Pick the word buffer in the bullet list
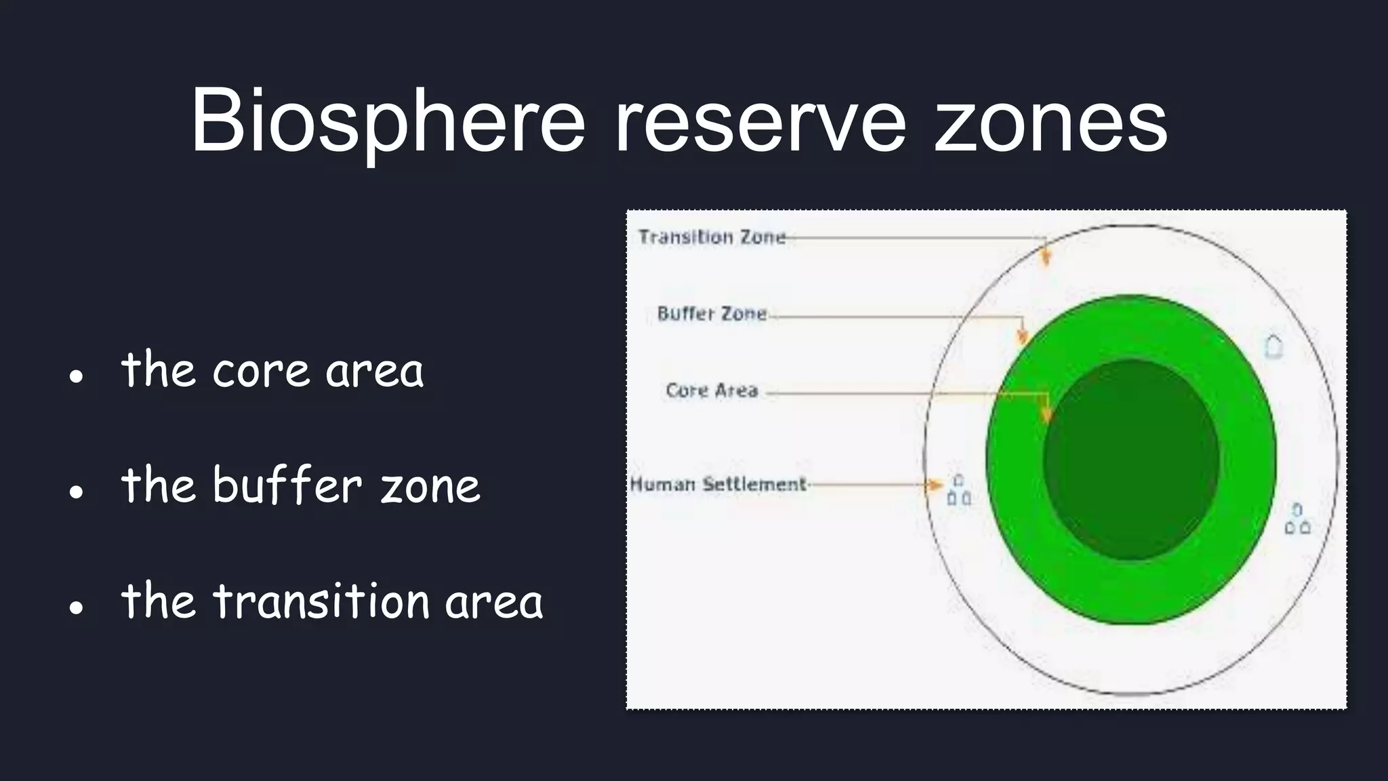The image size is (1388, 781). click(287, 485)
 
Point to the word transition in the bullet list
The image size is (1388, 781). click(321, 601)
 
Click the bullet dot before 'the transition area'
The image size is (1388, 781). click(76, 607)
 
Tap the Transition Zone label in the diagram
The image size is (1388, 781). click(712, 237)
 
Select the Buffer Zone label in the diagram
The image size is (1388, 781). click(712, 314)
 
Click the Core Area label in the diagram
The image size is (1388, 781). click(712, 390)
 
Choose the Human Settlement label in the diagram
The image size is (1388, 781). click(718, 485)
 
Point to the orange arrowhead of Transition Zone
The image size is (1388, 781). click(1046, 258)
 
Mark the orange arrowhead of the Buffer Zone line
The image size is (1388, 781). click(1023, 336)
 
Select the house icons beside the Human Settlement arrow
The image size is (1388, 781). click(958, 491)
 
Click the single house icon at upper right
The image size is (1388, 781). click(1274, 346)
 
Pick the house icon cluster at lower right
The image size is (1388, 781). click(1297, 519)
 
